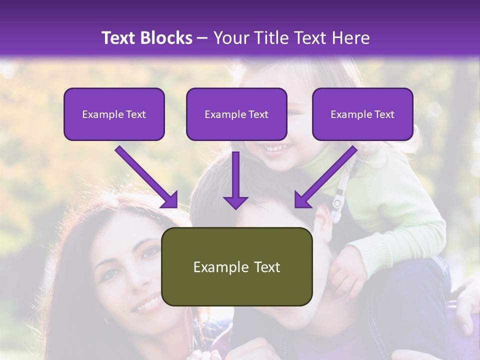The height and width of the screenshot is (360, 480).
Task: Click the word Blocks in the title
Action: [x=167, y=38]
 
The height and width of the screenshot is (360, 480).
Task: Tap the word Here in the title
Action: [x=351, y=38]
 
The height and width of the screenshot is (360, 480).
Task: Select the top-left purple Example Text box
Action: [x=114, y=114]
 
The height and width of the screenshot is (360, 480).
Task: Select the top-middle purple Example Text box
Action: [x=236, y=114]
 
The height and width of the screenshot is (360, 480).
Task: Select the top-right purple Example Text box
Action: [x=362, y=114]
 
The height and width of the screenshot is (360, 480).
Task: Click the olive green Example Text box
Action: [x=236, y=267]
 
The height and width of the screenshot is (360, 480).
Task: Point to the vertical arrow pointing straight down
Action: [x=235, y=180]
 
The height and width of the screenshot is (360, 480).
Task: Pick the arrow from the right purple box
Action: [x=325, y=177]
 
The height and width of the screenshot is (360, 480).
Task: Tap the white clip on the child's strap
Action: [x=337, y=202]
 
